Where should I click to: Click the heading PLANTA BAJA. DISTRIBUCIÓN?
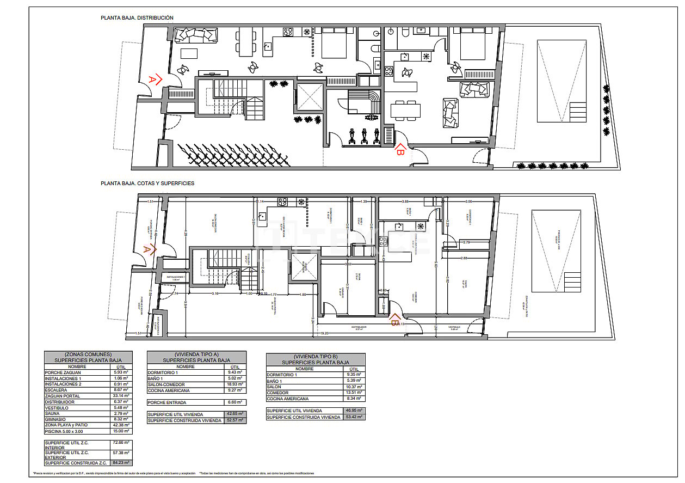click(x=137, y=18)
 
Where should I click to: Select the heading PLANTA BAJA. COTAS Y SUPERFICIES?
click(x=147, y=184)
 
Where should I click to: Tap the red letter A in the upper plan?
click(x=153, y=80)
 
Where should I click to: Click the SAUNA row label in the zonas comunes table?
click(x=53, y=413)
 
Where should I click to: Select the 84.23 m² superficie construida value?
click(x=121, y=462)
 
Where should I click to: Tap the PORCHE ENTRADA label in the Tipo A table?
click(x=167, y=402)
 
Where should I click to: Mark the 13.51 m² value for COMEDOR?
click(x=354, y=393)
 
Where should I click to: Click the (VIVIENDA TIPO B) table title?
click(x=316, y=356)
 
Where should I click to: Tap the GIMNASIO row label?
click(x=56, y=419)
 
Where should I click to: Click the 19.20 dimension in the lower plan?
click(x=324, y=332)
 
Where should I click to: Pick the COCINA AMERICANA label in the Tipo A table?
click(x=169, y=390)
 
